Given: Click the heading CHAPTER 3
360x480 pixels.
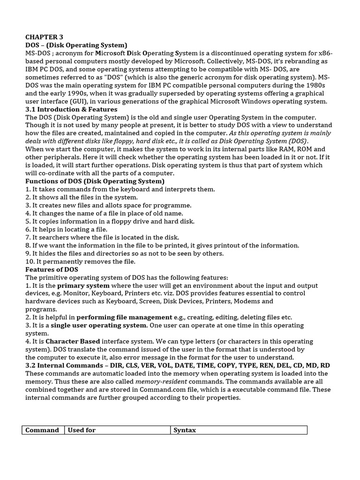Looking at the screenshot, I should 44,37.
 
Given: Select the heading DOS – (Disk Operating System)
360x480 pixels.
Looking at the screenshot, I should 76,45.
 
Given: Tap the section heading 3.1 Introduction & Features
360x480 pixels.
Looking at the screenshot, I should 71,109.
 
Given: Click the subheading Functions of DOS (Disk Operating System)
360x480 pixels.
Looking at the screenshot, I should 95,181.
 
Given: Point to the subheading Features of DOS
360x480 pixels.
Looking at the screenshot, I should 52,270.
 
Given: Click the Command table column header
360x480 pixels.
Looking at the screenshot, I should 42,430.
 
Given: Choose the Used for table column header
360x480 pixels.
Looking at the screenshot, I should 82,430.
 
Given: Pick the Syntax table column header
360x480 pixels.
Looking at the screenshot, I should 185,430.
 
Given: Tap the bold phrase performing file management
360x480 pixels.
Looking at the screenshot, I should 124,317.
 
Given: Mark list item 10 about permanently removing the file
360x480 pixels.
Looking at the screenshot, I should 80,262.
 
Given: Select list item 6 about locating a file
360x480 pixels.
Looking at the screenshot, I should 66,229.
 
